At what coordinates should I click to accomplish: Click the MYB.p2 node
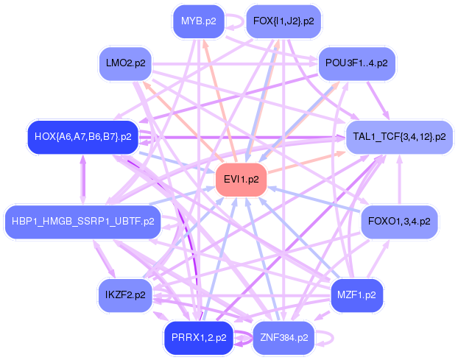click(x=198, y=21)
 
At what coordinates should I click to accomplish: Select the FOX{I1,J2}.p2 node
click(x=283, y=21)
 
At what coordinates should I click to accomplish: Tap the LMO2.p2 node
click(x=124, y=63)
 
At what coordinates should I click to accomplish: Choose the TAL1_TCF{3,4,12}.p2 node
click(x=399, y=136)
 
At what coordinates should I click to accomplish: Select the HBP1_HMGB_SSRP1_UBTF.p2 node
click(x=83, y=221)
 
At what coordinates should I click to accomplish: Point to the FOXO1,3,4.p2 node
click(x=399, y=221)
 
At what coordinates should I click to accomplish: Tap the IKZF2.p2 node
click(x=124, y=294)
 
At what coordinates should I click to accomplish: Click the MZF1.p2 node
click(x=356, y=294)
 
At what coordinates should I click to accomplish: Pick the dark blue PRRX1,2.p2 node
click(x=198, y=337)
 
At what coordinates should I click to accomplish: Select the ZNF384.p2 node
click(x=283, y=337)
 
